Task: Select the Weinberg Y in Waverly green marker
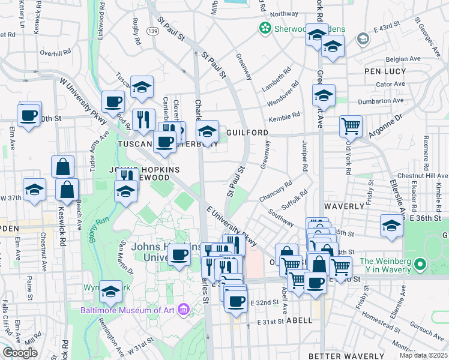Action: [x=421, y=263]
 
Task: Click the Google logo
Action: [x=20, y=353]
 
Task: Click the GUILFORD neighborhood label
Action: [x=247, y=131]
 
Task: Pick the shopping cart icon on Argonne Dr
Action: [x=351, y=125]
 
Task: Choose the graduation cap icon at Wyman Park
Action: [x=110, y=291]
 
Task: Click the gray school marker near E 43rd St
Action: [x=363, y=39]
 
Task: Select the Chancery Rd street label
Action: [x=276, y=191]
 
